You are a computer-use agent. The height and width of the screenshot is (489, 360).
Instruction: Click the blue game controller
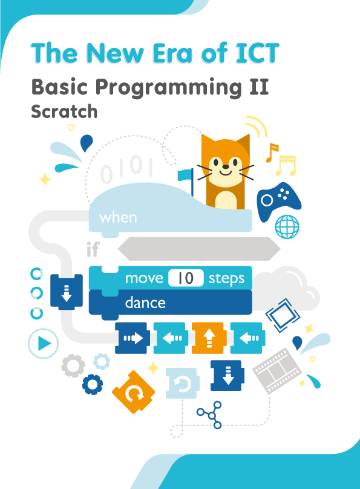click(279, 202)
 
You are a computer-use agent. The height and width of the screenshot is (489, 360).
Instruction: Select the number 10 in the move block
click(185, 278)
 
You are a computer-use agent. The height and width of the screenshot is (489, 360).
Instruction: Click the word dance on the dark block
click(145, 302)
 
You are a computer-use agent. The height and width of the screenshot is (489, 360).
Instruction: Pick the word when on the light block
click(119, 217)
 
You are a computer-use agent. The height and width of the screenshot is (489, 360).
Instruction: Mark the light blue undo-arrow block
click(182, 382)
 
